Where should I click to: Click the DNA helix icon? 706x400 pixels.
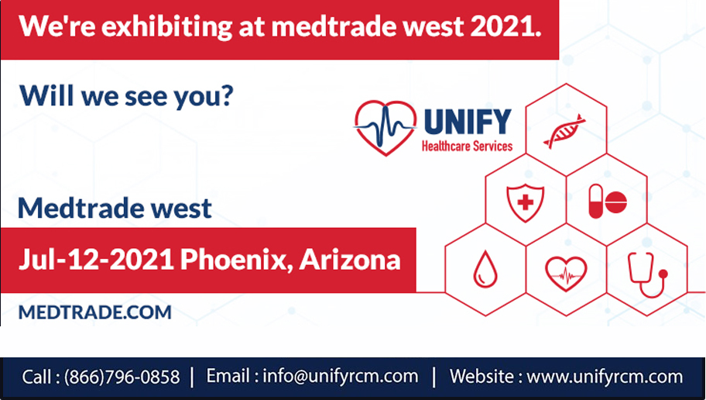pos(564,131)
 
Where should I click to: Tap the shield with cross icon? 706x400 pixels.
pos(525,203)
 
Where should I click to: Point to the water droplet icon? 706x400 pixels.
pos(485,269)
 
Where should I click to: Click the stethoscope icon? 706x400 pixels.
pos(647,274)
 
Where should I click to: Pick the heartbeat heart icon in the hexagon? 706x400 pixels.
pos(566,274)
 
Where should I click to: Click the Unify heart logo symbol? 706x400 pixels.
pos(386,128)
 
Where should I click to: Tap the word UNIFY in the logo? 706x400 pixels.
pos(468,122)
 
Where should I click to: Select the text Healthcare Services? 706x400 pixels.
pos(467,146)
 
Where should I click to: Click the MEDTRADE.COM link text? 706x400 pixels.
pos(95,312)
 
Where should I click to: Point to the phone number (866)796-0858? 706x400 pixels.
pos(122,377)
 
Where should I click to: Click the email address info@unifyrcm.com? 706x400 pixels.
pos(341,376)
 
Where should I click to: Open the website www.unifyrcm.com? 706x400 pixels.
pos(605,376)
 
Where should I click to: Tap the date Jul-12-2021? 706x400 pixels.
pos(96,260)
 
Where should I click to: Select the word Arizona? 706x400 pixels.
pos(350,259)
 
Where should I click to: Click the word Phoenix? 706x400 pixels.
pos(236,260)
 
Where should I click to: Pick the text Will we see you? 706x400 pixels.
pos(126,95)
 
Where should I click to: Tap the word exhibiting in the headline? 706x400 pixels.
pos(166,27)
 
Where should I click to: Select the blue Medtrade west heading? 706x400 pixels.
pos(115,209)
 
